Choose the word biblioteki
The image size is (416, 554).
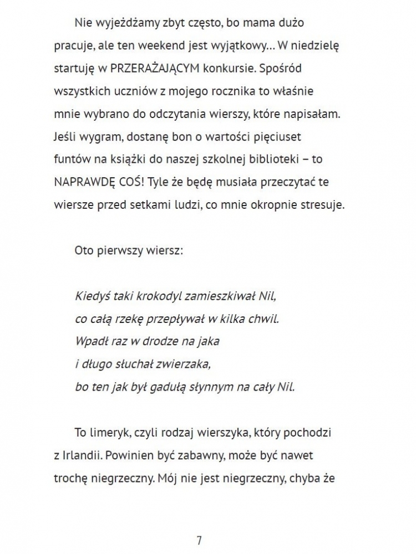288,160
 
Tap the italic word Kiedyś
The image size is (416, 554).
89,296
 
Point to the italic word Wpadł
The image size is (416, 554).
88,341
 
